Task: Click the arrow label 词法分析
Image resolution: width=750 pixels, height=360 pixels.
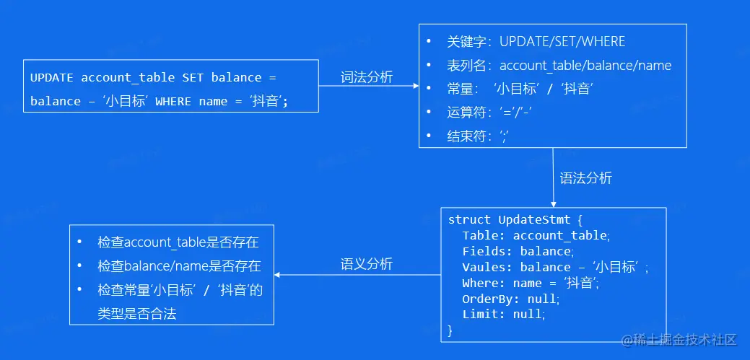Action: click(x=367, y=77)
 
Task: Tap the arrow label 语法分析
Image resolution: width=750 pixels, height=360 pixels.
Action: click(x=585, y=177)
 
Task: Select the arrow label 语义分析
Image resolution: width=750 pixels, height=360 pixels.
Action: click(x=367, y=264)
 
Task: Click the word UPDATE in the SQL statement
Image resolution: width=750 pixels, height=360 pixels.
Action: click(x=52, y=77)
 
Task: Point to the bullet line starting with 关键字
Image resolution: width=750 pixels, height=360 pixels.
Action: click(x=536, y=42)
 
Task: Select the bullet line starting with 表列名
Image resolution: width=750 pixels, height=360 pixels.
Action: click(x=559, y=66)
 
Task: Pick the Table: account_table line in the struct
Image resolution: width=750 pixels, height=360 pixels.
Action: click(x=536, y=235)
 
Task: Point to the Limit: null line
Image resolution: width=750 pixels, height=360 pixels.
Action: click(x=504, y=315)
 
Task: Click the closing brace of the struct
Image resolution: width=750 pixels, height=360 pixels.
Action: click(x=451, y=330)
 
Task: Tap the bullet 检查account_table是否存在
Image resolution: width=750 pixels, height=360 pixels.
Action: click(x=178, y=242)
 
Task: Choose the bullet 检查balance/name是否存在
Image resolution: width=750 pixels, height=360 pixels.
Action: click(x=179, y=265)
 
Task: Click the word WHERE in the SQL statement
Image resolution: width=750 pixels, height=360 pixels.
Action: click(x=173, y=101)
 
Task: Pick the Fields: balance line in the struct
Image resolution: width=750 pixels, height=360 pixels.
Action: click(x=518, y=251)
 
